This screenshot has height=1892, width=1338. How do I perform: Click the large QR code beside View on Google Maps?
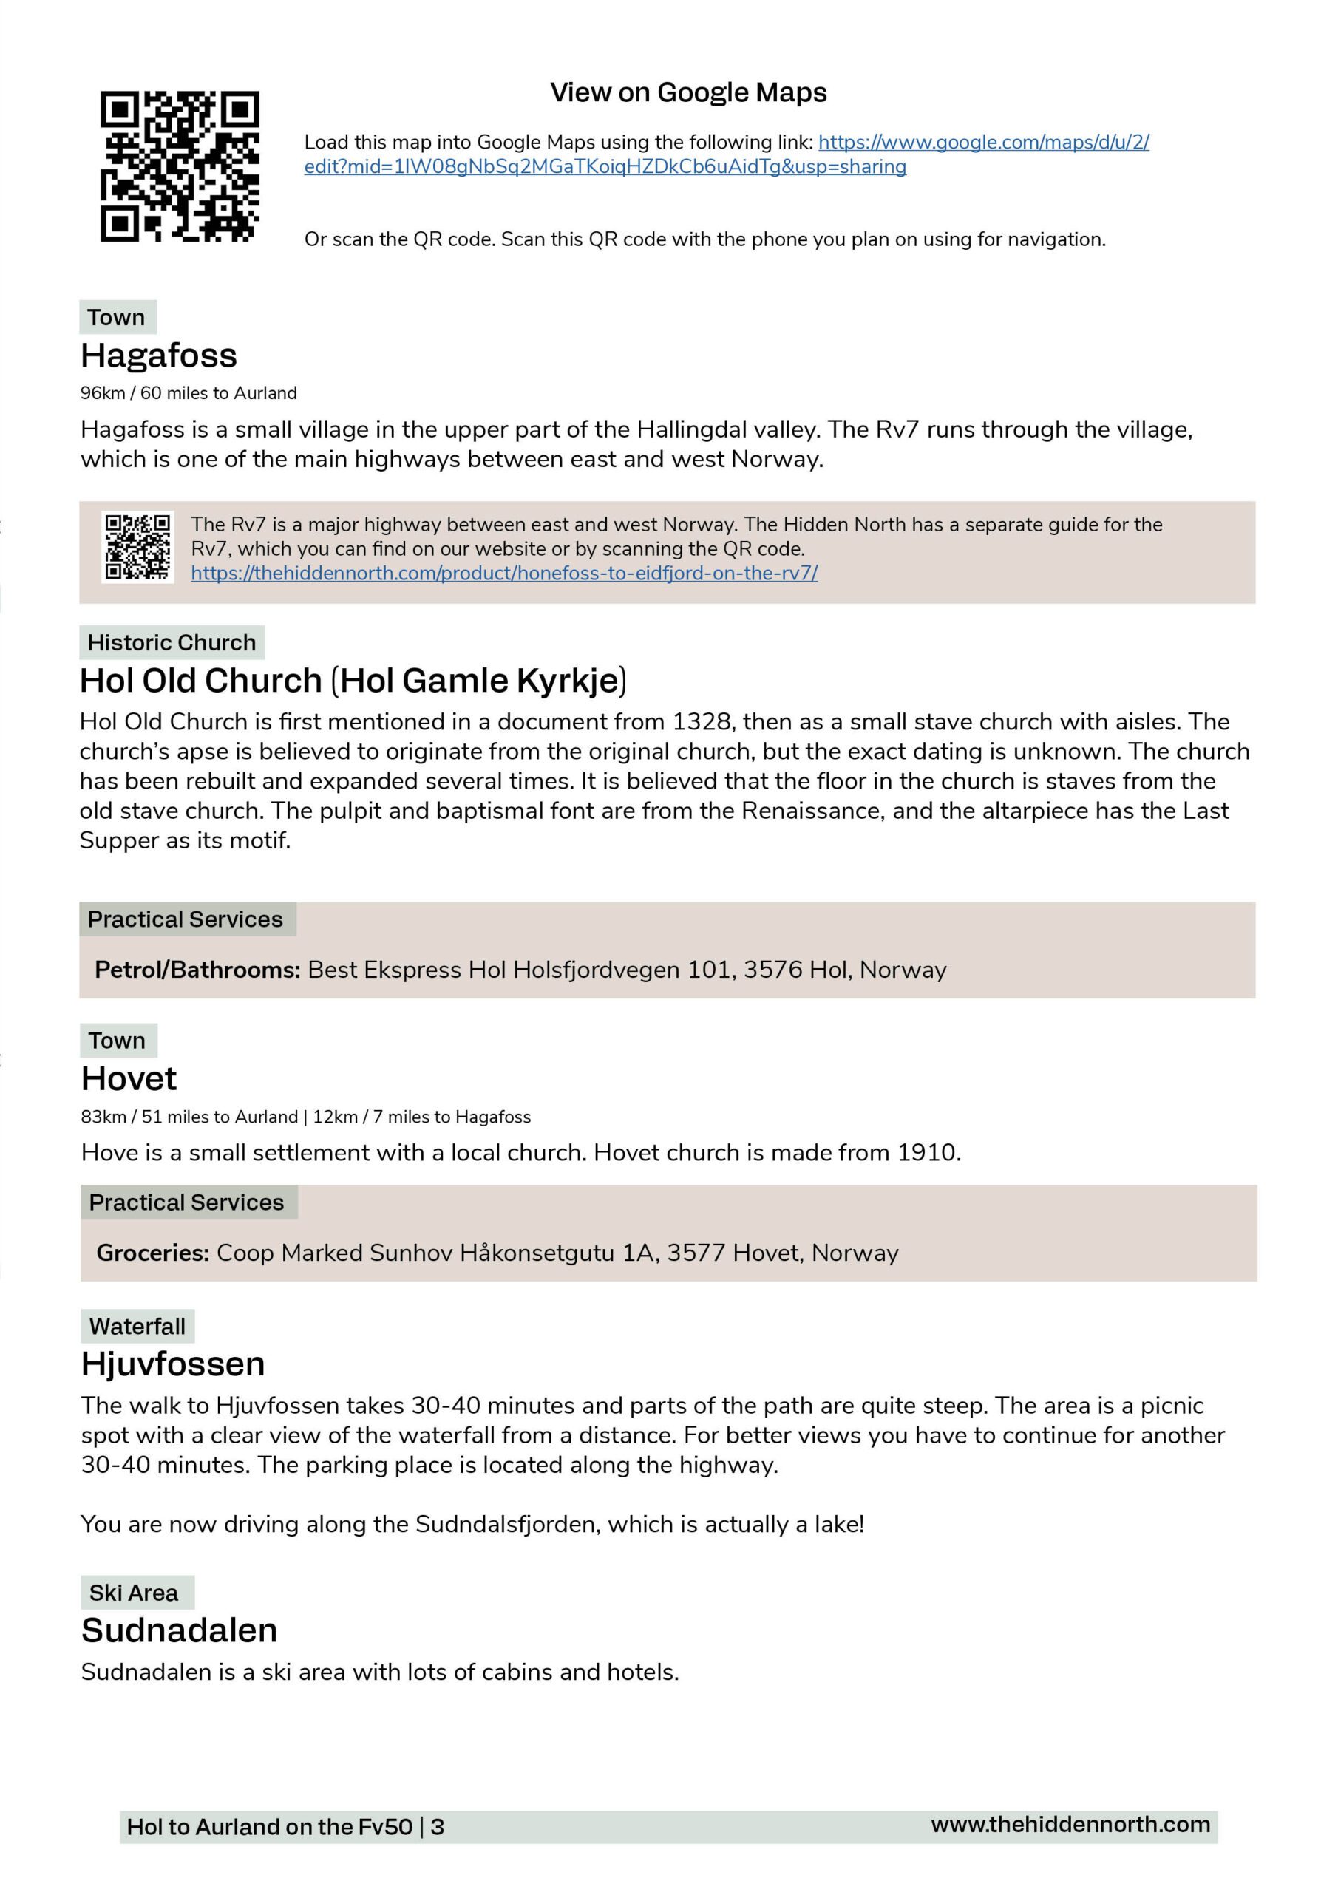pos(180,166)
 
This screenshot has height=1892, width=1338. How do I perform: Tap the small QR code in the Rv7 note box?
pos(137,547)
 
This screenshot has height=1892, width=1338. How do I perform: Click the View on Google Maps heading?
pos(688,92)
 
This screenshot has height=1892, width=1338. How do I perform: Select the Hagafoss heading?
pos(159,356)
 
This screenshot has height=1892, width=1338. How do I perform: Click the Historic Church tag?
pos(172,643)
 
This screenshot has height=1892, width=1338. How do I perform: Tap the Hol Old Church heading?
pos(353,681)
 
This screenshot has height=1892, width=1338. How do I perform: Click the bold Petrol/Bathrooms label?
pos(197,970)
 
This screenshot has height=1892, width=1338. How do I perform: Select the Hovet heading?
pos(129,1079)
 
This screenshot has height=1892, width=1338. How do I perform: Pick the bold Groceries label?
pos(152,1253)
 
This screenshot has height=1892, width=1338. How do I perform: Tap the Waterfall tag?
pos(137,1327)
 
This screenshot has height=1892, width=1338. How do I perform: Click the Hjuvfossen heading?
pos(173,1364)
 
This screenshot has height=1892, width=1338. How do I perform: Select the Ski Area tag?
pos(134,1593)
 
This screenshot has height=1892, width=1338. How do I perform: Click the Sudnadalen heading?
pos(179,1631)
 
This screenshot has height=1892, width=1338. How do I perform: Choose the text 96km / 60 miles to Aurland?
pos(188,393)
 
